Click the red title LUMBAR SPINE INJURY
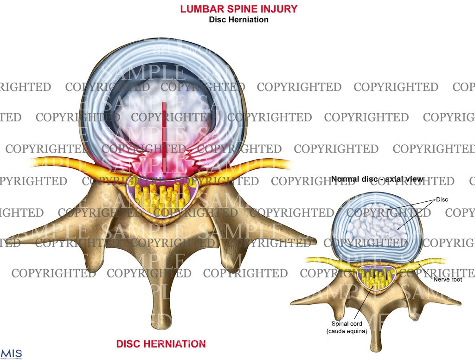pos(238,9)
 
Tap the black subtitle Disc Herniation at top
pos(238,20)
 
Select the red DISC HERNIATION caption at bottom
pos(161,344)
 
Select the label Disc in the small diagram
pos(441,199)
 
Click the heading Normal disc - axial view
pos(377,179)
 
